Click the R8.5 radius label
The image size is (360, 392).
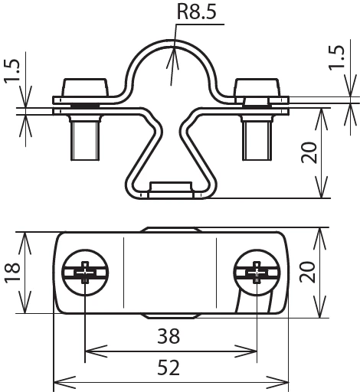coord(196,12)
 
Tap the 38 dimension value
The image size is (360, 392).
coord(169,336)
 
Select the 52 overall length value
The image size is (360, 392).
coord(169,367)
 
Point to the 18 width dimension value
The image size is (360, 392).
coord(12,272)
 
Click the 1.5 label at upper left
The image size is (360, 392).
coord(11,70)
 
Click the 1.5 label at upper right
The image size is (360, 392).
coord(336,57)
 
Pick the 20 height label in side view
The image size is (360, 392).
coord(309,152)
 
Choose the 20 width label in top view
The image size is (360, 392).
coord(307,272)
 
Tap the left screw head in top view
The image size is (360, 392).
coord(85,273)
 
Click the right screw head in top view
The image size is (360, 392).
coord(257,273)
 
